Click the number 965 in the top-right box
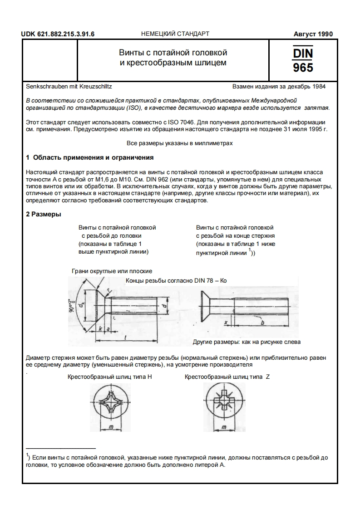(303, 68)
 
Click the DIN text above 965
(303, 53)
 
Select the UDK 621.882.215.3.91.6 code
(61, 34)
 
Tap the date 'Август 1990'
(313, 34)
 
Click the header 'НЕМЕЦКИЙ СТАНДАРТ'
(175, 34)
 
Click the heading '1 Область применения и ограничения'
(89, 158)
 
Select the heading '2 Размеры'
(44, 215)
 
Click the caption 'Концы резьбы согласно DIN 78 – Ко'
(176, 281)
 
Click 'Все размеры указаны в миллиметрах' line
(180, 143)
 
